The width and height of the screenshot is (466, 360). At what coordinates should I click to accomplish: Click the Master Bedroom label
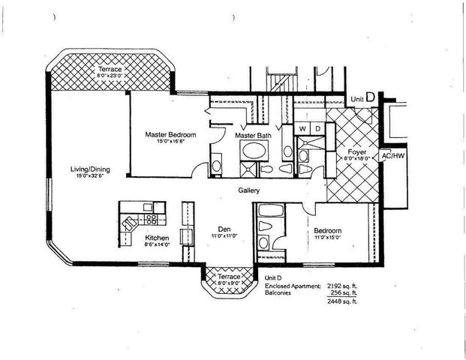click(x=170, y=134)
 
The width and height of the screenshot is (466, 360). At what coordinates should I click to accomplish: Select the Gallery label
click(x=249, y=190)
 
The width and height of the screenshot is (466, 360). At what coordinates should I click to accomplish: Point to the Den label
click(x=224, y=229)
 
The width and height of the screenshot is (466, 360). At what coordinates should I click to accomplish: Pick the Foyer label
click(x=352, y=151)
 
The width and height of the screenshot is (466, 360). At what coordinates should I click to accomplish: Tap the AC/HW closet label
click(x=392, y=156)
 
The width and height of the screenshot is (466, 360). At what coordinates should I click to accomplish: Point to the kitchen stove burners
click(x=150, y=220)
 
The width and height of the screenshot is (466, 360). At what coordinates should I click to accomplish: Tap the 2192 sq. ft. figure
click(x=344, y=286)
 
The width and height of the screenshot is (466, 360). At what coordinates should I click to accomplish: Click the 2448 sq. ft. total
click(x=344, y=304)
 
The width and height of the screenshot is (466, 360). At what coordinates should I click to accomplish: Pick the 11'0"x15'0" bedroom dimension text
click(x=328, y=237)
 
